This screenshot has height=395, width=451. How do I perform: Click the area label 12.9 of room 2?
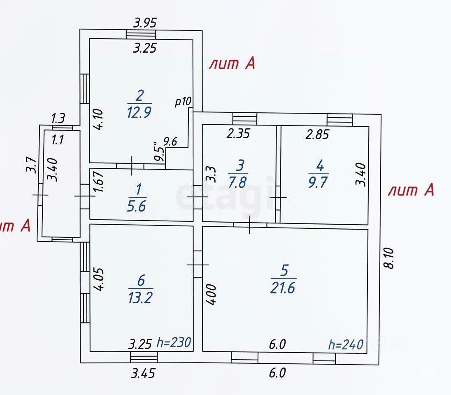(139, 112)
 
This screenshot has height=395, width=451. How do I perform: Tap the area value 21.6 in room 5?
(283, 288)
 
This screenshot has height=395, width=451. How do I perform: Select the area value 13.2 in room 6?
(141, 297)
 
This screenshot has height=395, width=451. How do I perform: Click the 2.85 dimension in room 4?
(317, 134)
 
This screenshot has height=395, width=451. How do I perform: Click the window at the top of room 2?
(141, 35)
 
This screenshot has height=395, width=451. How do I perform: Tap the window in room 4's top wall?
(340, 120)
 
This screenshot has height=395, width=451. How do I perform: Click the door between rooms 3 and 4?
(279, 197)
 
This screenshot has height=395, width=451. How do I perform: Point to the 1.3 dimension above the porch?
(58, 119)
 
